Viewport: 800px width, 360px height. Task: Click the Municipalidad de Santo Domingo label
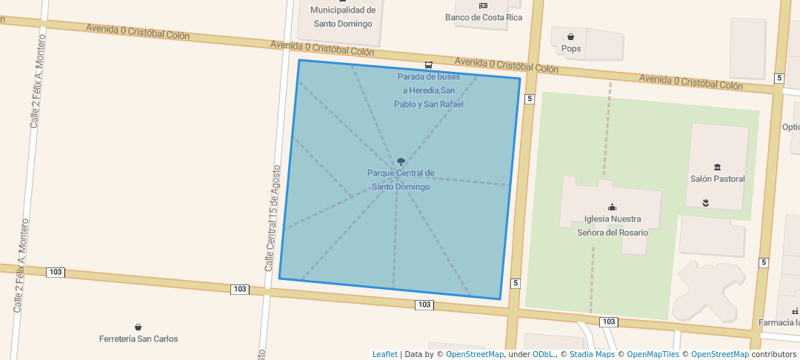[x=343, y=16]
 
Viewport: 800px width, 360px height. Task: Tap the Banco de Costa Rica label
[x=483, y=17]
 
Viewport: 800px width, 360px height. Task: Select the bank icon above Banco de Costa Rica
[x=483, y=5]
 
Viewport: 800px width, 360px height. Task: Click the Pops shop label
[x=571, y=49]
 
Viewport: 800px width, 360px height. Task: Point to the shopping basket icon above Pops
[x=571, y=36]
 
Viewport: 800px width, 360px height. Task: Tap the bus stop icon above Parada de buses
[x=429, y=64]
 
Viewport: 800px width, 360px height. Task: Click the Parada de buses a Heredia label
[x=429, y=90]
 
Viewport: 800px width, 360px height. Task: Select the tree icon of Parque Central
[x=401, y=161]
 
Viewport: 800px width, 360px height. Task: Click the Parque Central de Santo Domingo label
[x=401, y=180]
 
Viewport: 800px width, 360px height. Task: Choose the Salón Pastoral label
[x=717, y=179]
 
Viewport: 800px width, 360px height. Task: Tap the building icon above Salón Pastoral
[x=717, y=167]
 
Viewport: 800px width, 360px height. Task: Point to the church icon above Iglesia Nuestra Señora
[x=612, y=207]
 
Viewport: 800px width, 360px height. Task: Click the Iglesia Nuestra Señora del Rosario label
[x=612, y=226]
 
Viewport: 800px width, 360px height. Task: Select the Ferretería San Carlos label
[x=139, y=339]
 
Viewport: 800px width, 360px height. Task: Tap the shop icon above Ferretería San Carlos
[x=139, y=327]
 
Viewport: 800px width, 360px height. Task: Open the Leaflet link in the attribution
[x=384, y=354]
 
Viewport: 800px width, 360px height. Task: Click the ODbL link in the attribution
[x=543, y=354]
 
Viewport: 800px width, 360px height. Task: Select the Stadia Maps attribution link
[x=592, y=354]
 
